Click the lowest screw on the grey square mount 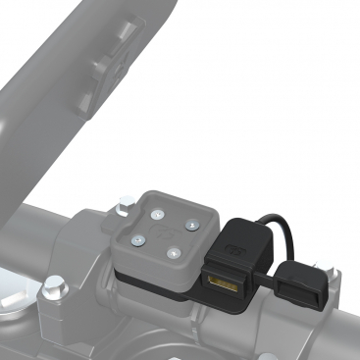coord(173,254)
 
